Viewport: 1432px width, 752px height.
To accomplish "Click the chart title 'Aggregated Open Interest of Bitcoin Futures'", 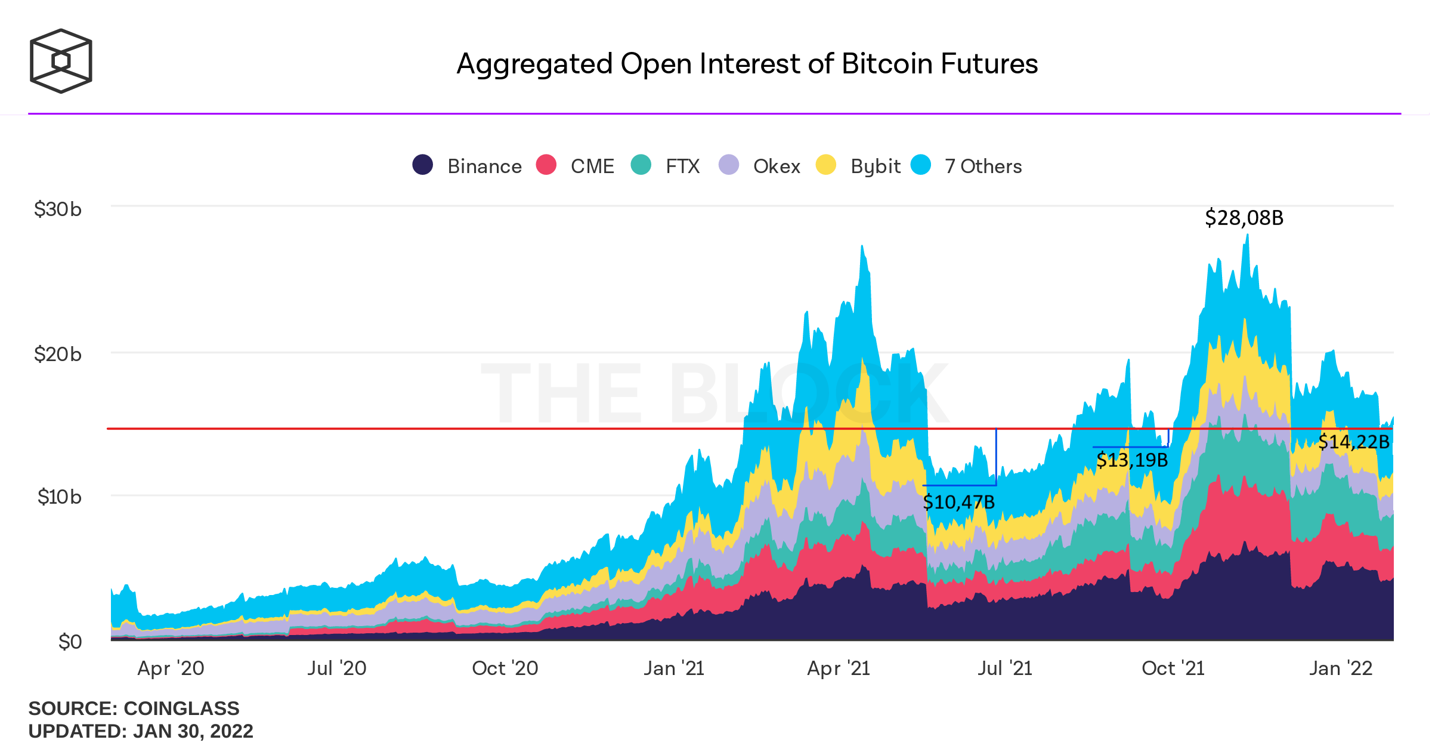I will point(747,64).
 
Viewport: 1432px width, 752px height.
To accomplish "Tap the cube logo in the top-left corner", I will point(61,61).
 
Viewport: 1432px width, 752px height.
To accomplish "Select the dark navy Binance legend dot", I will point(423,165).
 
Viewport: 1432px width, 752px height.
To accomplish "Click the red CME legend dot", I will point(546,165).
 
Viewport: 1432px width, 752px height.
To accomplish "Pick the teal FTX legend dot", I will point(641,165).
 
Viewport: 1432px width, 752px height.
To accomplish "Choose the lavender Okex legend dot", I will point(729,165).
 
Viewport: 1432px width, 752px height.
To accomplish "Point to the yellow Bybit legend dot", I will point(826,165).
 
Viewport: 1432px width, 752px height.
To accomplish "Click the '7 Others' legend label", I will point(983,166).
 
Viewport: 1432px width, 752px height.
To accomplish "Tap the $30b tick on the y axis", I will point(58,209).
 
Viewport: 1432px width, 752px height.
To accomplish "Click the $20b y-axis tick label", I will point(58,355).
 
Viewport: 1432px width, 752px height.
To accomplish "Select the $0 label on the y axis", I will point(70,642).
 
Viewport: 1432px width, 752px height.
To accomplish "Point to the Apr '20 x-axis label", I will point(171,668).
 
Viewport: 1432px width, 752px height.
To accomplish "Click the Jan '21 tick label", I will point(674,668).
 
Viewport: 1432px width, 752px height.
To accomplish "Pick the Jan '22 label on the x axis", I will point(1341,668).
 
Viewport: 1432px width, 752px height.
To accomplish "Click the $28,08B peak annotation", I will point(1244,218).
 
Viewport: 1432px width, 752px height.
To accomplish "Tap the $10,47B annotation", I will point(959,502).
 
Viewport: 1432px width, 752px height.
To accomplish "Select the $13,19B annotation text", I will point(1132,460).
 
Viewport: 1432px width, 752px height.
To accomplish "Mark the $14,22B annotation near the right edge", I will point(1354,442).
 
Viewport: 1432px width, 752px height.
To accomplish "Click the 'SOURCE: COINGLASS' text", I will point(134,708).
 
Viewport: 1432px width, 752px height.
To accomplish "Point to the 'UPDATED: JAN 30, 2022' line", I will point(141,731).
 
